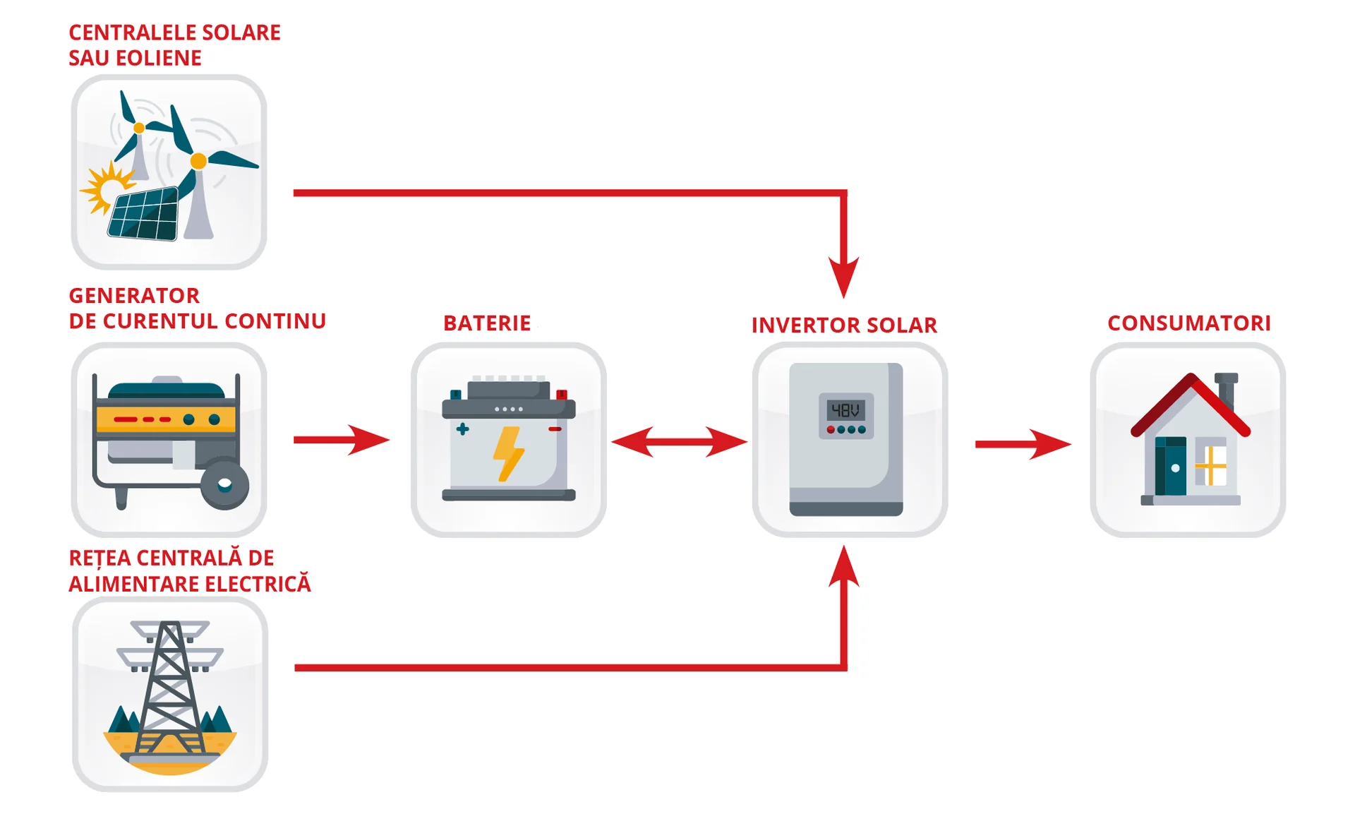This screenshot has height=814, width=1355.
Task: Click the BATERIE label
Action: coord(487,323)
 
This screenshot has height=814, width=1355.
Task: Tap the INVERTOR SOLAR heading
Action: coord(844,325)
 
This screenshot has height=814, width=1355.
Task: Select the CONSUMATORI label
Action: coord(1189,323)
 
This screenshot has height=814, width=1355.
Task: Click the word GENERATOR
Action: coord(134,296)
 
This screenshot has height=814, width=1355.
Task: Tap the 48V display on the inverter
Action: coord(845,410)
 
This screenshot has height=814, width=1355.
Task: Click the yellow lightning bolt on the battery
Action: coord(507,454)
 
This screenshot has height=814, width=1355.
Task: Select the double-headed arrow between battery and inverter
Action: coord(679,442)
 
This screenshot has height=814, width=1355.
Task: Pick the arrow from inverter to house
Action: coord(1023,444)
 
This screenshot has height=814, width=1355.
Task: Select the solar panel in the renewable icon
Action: coord(144,215)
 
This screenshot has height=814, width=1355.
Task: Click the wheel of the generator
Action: coord(225,485)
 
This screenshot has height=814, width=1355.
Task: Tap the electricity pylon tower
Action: coord(169,685)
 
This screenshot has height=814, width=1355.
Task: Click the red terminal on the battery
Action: coord(562,395)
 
